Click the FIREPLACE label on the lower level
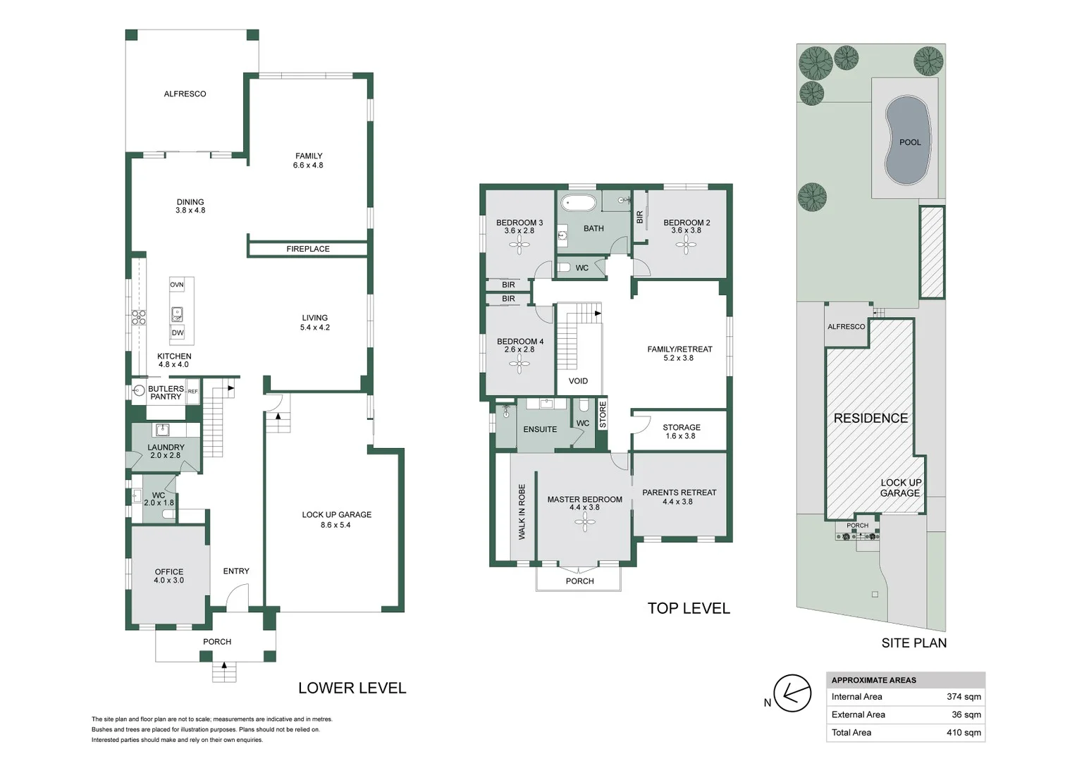click(308, 249)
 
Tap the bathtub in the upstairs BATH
click(579, 204)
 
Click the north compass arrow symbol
click(792, 694)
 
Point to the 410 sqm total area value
click(964, 733)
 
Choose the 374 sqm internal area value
click(964, 697)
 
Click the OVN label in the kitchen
click(177, 285)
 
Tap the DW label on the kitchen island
click(178, 333)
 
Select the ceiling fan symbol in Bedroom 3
click(520, 245)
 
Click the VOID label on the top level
click(578, 381)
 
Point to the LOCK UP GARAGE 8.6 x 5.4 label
click(336, 519)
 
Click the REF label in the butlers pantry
click(192, 392)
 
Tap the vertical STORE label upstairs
click(603, 415)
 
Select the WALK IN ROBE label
click(522, 512)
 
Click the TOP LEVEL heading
click(689, 608)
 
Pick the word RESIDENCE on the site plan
click(870, 418)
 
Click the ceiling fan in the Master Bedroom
click(584, 521)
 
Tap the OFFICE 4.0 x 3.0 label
click(169, 576)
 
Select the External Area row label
click(858, 714)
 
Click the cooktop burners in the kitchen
click(139, 317)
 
